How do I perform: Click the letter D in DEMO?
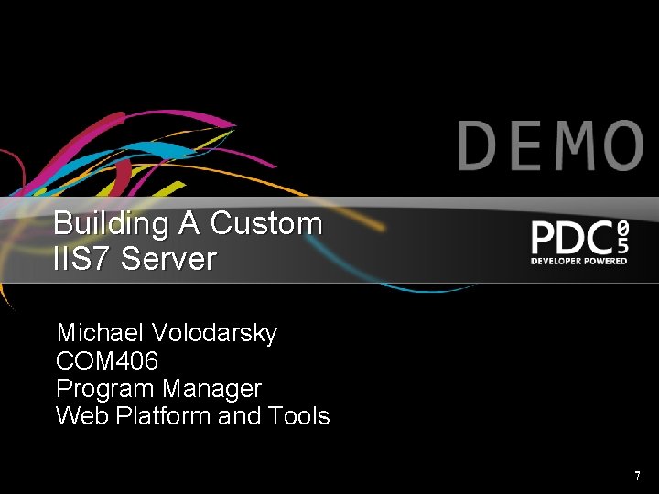pyautogui.click(x=480, y=146)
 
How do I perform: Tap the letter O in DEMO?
pyautogui.click(x=617, y=146)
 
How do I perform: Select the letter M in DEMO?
pyautogui.click(x=569, y=146)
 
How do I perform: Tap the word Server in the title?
pyautogui.click(x=168, y=259)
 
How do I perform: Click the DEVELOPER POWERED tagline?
pyautogui.click(x=579, y=261)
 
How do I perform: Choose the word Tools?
pyautogui.click(x=299, y=416)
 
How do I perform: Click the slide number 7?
pyautogui.click(x=637, y=476)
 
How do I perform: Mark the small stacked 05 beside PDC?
pyautogui.click(x=622, y=236)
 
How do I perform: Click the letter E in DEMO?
pyautogui.click(x=524, y=146)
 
